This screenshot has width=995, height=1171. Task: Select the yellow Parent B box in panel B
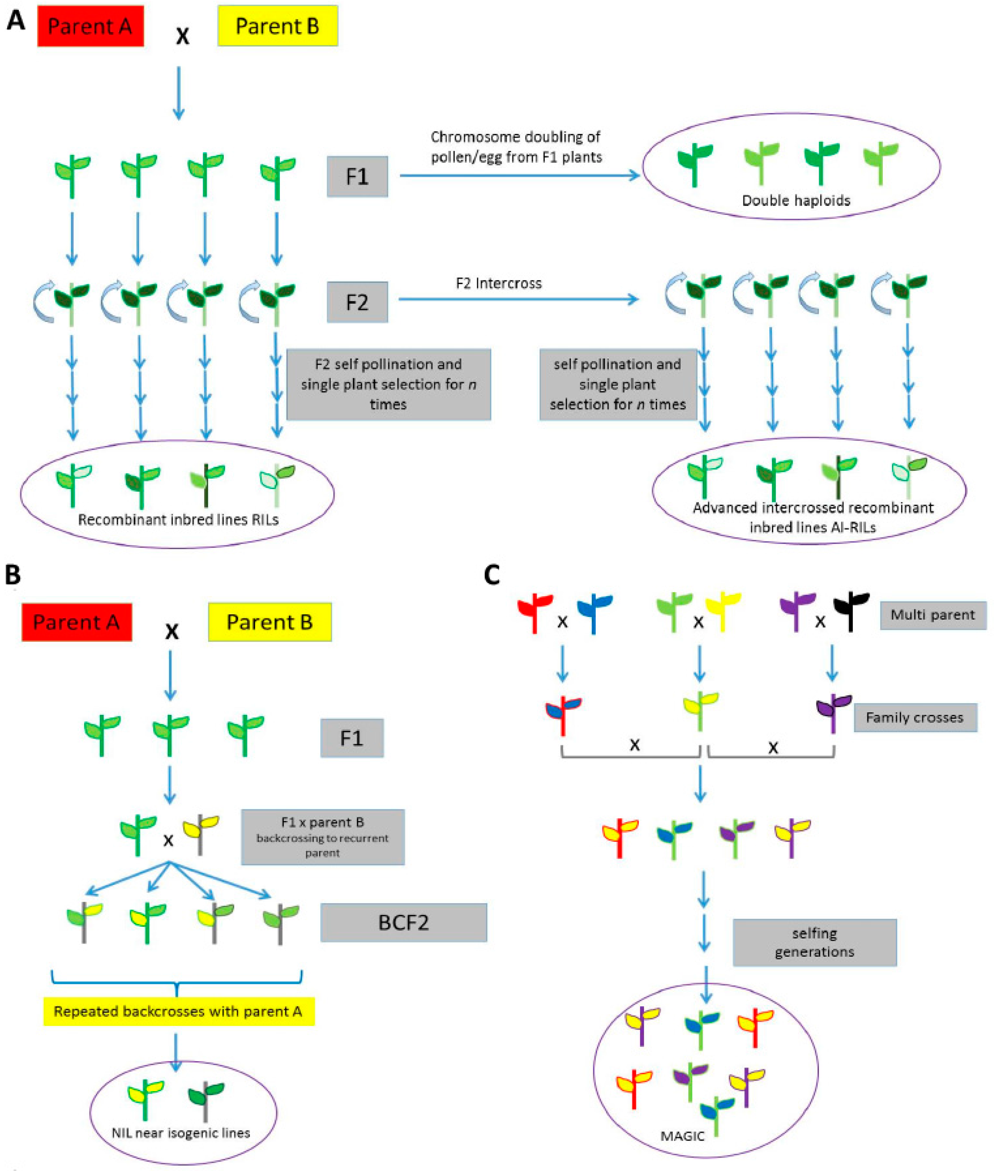click(x=270, y=622)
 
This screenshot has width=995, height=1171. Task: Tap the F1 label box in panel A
click(x=357, y=177)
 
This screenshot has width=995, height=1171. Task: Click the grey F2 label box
click(x=357, y=302)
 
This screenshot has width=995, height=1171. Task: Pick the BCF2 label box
click(x=403, y=923)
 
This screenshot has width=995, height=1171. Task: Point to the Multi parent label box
click(x=933, y=615)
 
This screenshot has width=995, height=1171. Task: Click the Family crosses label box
click(x=914, y=717)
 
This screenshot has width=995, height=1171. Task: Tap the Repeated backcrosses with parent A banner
click(x=178, y=1011)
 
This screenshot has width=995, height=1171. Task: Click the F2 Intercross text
click(x=499, y=283)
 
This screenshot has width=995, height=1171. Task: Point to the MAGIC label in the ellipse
click(x=682, y=1135)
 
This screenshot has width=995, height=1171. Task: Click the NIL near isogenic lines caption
click(x=180, y=1133)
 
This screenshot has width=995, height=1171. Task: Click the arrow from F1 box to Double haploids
click(x=519, y=175)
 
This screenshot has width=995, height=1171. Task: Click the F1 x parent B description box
click(x=323, y=837)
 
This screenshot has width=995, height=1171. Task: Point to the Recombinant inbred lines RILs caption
click(x=178, y=520)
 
